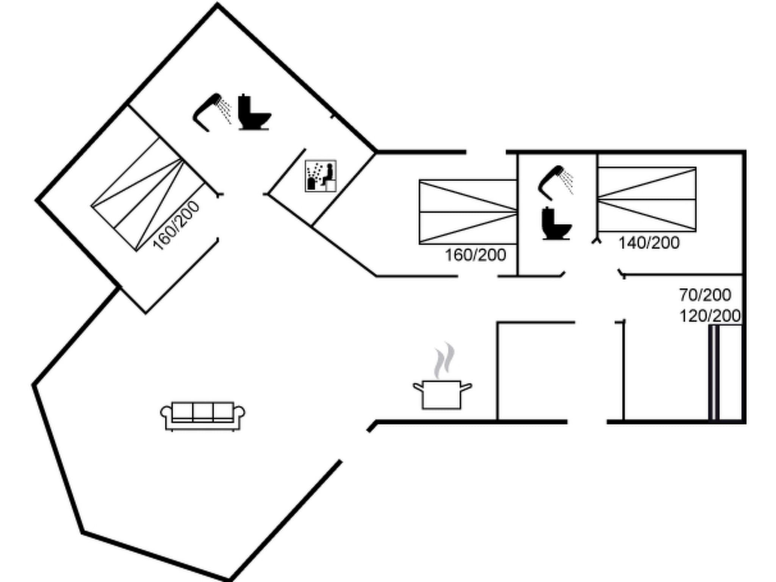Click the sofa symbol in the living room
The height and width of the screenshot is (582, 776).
tap(203, 416)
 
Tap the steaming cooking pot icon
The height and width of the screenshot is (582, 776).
tap(442, 394)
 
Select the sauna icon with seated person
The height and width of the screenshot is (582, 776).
tap(321, 176)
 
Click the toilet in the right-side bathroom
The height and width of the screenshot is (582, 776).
tap(555, 224)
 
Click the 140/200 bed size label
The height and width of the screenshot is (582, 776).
tap(649, 243)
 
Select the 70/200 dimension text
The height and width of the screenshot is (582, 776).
tap(705, 295)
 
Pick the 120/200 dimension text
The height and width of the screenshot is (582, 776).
tap(710, 316)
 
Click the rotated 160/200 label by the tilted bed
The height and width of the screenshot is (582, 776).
tap(176, 226)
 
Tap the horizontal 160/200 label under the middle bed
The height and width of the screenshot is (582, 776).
tap(475, 255)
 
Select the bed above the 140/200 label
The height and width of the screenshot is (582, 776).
tap(646, 199)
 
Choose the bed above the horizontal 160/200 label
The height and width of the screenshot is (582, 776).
tap(468, 212)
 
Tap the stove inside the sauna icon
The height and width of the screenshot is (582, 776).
tap(311, 183)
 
